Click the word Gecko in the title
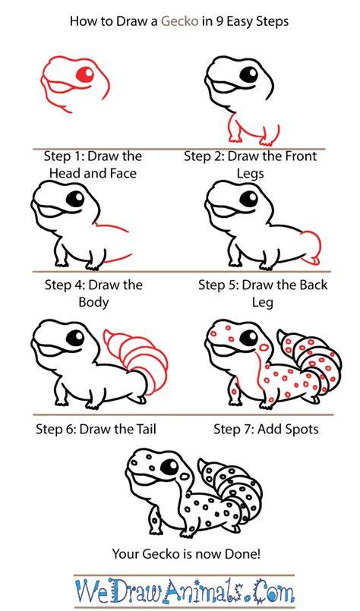[180, 21]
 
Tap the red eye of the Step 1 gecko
[85, 74]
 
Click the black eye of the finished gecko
[169, 467]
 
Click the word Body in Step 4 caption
[93, 302]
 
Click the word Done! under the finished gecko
[241, 553]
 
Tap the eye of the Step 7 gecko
[249, 338]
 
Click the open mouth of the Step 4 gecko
[52, 212]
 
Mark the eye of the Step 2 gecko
[249, 74]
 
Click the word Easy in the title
[241, 21]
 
